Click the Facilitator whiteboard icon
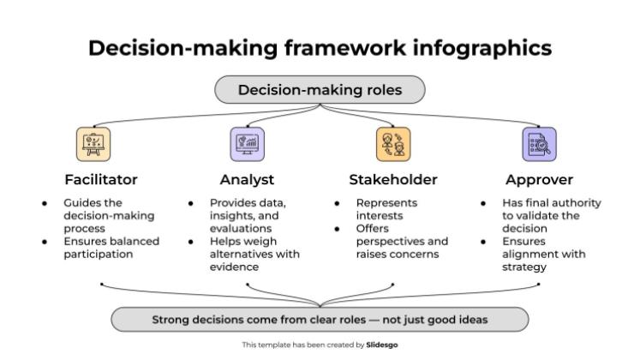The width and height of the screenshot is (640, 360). tap(93, 144)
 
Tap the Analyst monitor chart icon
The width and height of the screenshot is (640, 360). tap(248, 144)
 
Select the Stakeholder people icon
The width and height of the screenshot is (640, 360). tap(393, 144)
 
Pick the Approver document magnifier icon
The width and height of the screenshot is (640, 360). tap(539, 144)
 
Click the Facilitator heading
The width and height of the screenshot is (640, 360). tap(101, 180)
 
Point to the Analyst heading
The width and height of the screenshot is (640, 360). tap(247, 180)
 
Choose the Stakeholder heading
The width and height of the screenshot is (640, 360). tap(393, 180)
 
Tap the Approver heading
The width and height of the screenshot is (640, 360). tap(539, 180)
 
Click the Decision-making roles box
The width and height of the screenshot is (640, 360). tap(320, 90)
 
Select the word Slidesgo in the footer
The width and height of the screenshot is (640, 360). tap(381, 345)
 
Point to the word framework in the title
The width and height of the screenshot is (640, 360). tap(345, 47)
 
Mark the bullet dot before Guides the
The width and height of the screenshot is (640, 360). tap(45, 203)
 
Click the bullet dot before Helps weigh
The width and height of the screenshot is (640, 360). tap(190, 242)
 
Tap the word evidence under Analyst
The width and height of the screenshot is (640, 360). tap(234, 267)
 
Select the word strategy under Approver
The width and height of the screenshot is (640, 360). tap(524, 267)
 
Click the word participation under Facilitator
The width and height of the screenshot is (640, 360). tap(99, 255)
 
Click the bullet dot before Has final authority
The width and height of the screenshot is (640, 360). tap(483, 203)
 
